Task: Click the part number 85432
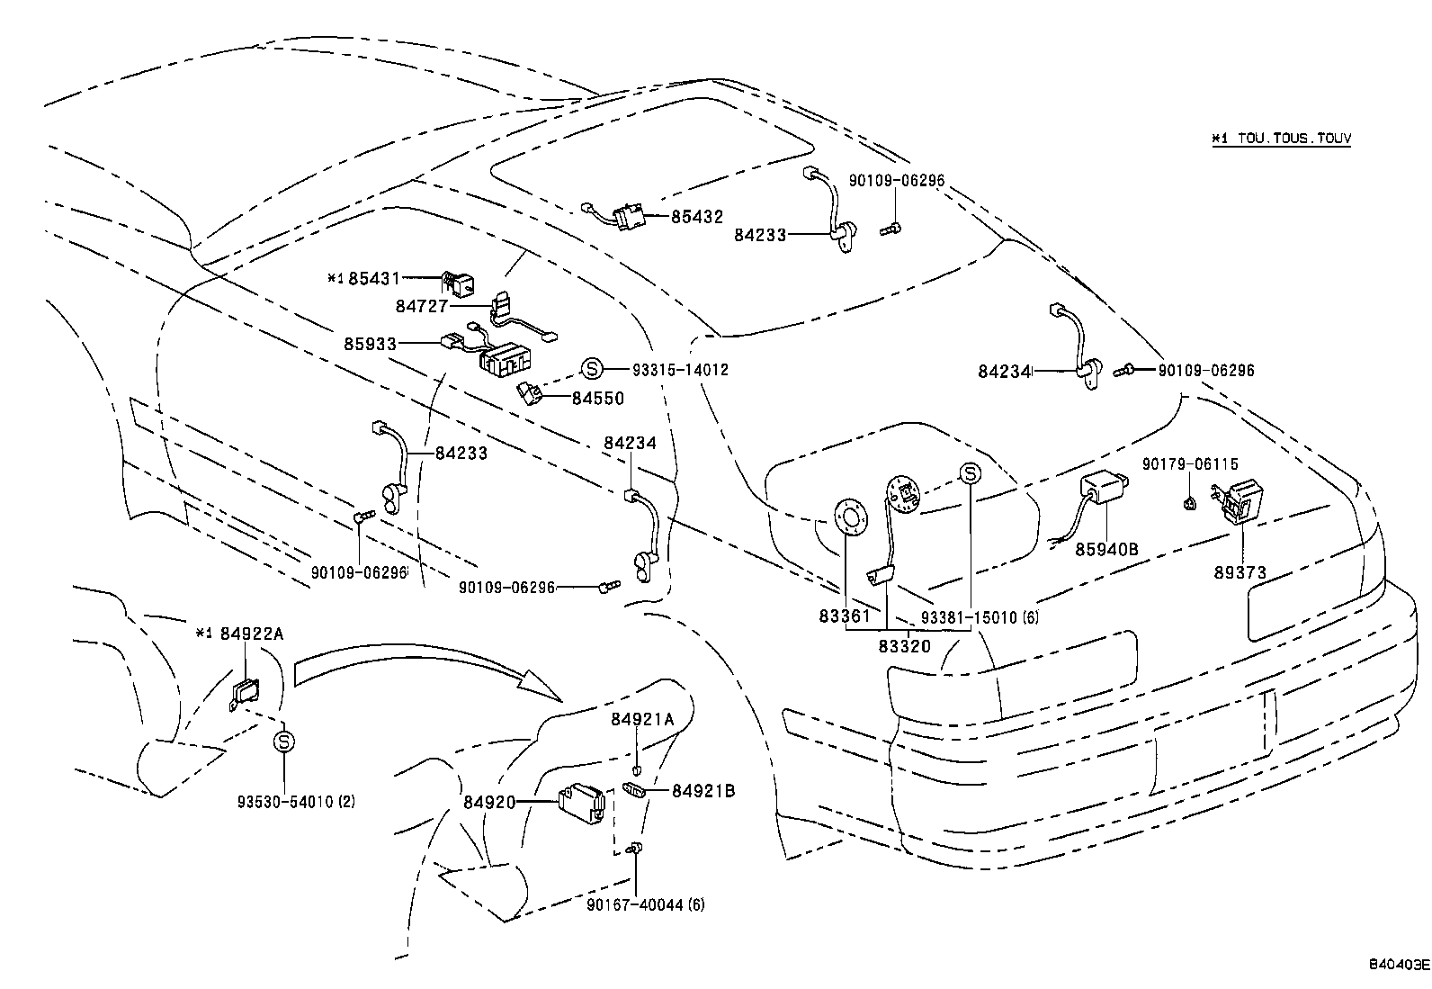pyautogui.click(x=696, y=218)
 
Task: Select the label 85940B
pyautogui.click(x=1107, y=547)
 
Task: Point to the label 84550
pyautogui.click(x=597, y=398)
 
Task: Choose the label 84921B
pyautogui.click(x=703, y=791)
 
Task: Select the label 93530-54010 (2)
pyautogui.click(x=296, y=801)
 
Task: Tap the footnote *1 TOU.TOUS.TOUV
pyautogui.click(x=1280, y=139)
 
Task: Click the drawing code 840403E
pyautogui.click(x=1398, y=966)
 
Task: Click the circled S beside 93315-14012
pyautogui.click(x=590, y=369)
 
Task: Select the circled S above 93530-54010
pyautogui.click(x=284, y=742)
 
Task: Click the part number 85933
pyautogui.click(x=371, y=344)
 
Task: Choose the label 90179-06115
pyautogui.click(x=1190, y=464)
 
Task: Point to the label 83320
pyautogui.click(x=904, y=645)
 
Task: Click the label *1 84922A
pyautogui.click(x=239, y=634)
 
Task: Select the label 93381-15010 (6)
pyautogui.click(x=980, y=617)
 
